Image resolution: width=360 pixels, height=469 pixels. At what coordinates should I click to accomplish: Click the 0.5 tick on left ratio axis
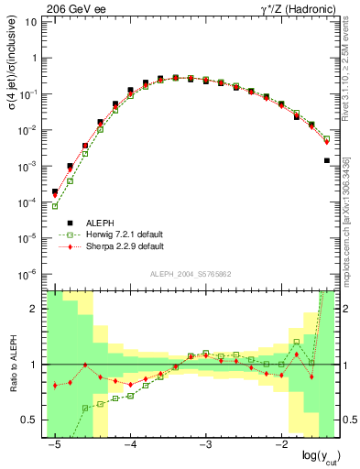click(32, 420)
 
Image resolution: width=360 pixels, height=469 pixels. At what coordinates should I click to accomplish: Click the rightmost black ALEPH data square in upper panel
click(326, 160)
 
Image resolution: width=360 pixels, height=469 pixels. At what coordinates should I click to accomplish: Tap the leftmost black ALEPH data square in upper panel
click(55, 192)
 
